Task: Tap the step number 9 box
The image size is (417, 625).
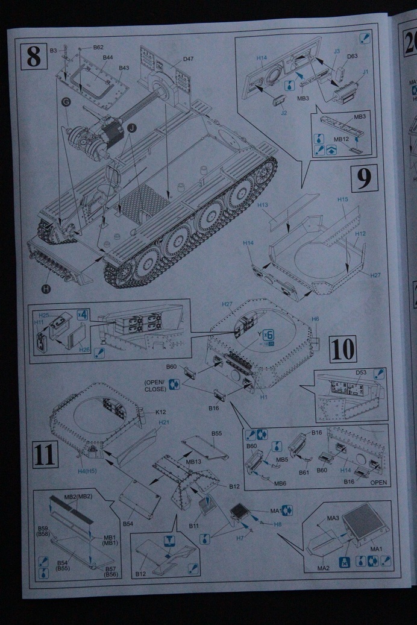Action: [x=364, y=178]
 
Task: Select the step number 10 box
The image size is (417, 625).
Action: [x=343, y=348]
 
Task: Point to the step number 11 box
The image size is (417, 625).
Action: [x=45, y=455]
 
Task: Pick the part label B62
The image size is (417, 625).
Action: [x=98, y=47]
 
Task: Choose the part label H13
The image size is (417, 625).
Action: [x=262, y=206]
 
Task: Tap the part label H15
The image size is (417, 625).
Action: [x=343, y=199]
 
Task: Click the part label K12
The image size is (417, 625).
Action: [x=160, y=411]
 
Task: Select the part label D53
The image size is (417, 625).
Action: [x=361, y=372]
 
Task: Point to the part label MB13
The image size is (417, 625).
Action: [x=193, y=461]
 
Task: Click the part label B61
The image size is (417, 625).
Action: [x=303, y=472]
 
